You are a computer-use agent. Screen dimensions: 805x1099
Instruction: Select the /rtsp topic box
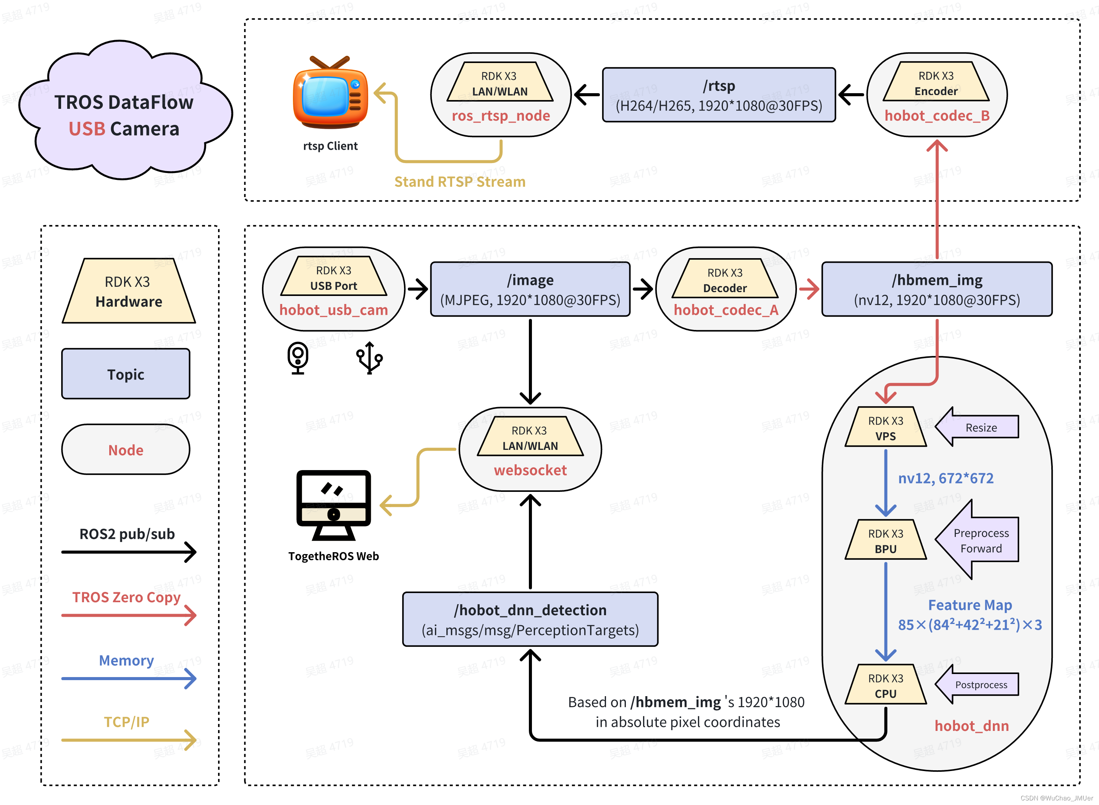pos(719,95)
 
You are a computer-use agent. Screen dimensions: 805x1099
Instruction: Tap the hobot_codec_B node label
pos(936,116)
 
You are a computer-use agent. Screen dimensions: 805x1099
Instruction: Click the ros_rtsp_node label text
pos(500,116)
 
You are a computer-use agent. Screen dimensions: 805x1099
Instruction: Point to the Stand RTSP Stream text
pos(459,182)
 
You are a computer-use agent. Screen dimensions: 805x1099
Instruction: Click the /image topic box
pos(530,289)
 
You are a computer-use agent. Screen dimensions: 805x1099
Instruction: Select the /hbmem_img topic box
pos(936,289)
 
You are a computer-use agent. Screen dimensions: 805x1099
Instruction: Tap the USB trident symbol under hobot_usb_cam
pos(369,358)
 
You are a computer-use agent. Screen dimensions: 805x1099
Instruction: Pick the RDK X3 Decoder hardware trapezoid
pos(724,280)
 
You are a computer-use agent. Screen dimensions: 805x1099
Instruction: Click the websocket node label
pos(530,470)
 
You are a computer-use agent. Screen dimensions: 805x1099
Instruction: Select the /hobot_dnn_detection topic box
pos(530,619)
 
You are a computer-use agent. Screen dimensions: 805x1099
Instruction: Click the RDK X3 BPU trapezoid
pos(885,540)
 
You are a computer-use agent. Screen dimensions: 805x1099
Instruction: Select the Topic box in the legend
pos(126,374)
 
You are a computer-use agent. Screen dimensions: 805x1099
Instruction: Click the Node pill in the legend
pos(126,450)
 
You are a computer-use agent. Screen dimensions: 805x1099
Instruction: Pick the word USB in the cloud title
pos(87,129)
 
